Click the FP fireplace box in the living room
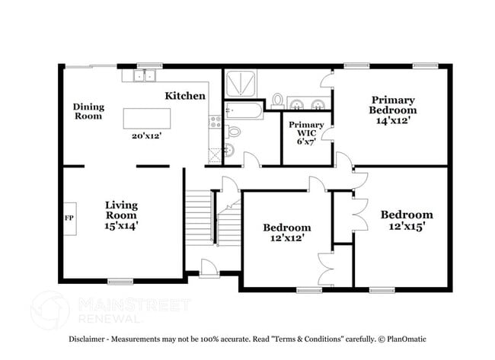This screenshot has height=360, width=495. click(69, 218)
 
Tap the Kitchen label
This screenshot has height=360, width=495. click(185, 96)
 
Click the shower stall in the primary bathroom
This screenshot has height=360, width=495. click(241, 84)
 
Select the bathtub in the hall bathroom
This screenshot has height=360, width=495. click(244, 112)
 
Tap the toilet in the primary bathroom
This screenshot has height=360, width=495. click(278, 100)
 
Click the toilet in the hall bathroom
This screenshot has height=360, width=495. click(234, 131)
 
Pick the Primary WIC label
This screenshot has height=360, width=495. click(306, 130)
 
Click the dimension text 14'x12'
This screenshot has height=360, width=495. click(393, 120)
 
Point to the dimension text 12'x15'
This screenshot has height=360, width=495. click(407, 226)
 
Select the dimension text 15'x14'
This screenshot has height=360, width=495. click(121, 225)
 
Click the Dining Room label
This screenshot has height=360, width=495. click(88, 111)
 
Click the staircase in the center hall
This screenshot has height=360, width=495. click(200, 217)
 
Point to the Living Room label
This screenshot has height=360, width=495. click(120, 209)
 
